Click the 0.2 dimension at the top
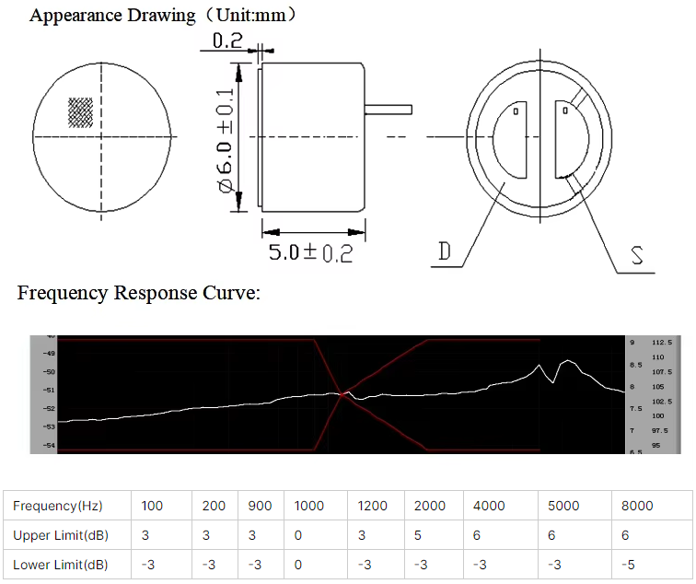click(226, 41)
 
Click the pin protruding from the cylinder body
click(388, 109)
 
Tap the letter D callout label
click(446, 252)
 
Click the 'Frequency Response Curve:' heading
click(139, 294)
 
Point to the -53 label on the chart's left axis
click(49, 426)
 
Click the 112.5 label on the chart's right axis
click(663, 342)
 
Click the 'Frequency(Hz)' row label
click(57, 506)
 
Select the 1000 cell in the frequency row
click(309, 506)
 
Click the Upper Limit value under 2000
click(417, 535)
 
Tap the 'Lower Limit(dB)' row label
click(60, 565)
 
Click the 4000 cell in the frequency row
click(489, 506)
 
